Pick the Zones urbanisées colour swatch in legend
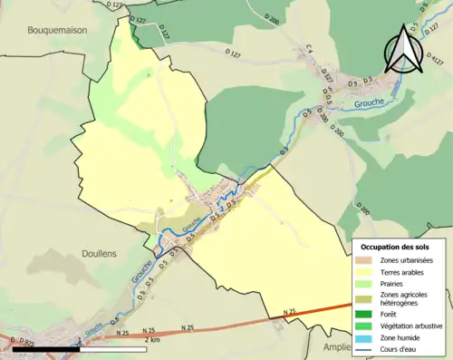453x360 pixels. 366,261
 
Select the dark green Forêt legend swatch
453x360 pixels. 366,314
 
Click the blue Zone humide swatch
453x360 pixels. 366,336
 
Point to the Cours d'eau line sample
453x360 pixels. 366,346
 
